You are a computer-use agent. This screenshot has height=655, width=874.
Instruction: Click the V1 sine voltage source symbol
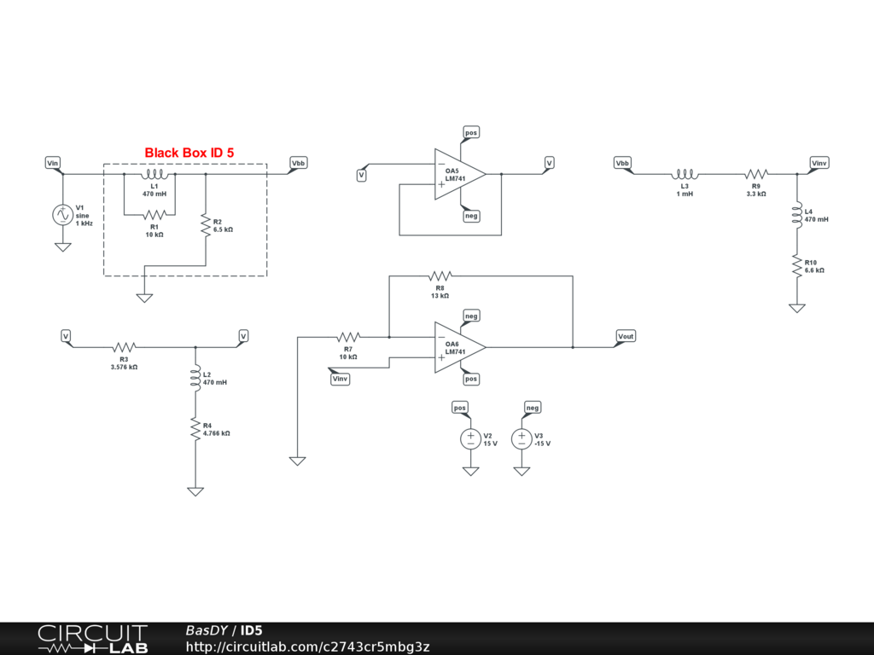(62, 215)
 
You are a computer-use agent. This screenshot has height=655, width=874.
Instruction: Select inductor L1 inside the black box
(154, 175)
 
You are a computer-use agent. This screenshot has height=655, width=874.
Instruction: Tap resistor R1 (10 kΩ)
(154, 215)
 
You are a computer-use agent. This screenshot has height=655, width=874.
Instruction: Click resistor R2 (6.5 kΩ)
(206, 225)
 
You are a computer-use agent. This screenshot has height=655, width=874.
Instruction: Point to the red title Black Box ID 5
(189, 153)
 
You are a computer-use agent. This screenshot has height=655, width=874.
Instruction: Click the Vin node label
(53, 162)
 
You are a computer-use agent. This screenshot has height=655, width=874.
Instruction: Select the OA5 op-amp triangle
(457, 175)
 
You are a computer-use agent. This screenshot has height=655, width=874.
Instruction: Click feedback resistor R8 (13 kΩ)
(440, 275)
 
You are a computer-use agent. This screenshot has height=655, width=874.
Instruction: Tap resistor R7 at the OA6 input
(348, 337)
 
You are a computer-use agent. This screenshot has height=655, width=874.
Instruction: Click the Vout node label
(626, 336)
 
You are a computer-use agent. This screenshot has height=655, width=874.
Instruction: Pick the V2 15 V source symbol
(470, 439)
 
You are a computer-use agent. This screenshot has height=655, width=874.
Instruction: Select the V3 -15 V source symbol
(521, 439)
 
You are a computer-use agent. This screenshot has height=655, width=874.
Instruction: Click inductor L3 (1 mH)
(685, 174)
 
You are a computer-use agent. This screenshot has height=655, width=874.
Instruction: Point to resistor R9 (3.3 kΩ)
(756, 174)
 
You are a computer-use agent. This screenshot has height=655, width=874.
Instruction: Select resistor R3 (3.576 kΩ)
(125, 347)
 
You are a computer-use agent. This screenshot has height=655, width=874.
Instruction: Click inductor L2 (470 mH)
(195, 379)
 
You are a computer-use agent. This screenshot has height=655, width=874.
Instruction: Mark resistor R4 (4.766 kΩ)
(195, 430)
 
